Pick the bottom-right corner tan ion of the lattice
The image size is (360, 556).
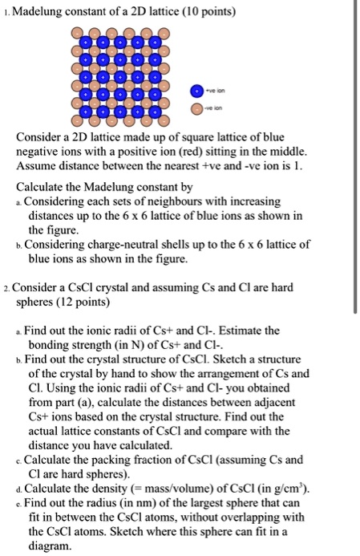pos(165,122)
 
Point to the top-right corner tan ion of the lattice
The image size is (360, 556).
pos(165,34)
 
